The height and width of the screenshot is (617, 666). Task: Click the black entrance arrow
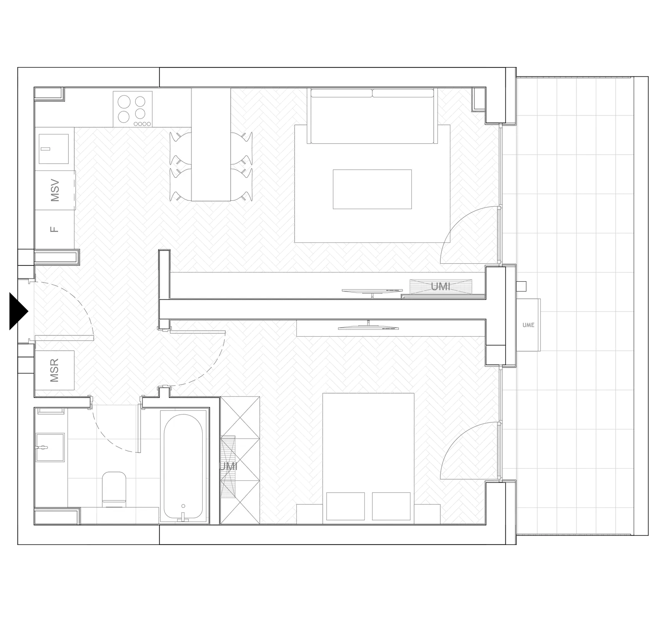click(17, 311)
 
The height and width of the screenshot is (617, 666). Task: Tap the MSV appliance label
click(55, 190)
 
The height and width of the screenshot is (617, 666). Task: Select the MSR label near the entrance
click(55, 370)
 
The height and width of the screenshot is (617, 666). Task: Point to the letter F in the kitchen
click(55, 229)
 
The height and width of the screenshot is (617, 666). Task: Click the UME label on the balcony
click(528, 325)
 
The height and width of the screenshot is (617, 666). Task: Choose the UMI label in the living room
click(441, 286)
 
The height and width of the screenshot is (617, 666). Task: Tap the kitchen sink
click(54, 149)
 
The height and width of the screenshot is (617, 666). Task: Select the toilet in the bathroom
click(114, 488)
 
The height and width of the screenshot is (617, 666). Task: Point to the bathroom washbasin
click(50, 447)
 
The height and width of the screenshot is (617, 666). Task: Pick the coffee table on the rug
click(372, 189)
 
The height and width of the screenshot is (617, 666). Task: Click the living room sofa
click(373, 116)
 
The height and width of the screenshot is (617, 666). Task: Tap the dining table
click(211, 145)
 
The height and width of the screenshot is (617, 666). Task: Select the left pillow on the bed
click(345, 506)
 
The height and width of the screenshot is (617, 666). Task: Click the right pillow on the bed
click(391, 506)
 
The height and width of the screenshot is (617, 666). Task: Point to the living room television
click(372, 291)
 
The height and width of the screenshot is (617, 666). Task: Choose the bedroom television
click(369, 326)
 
